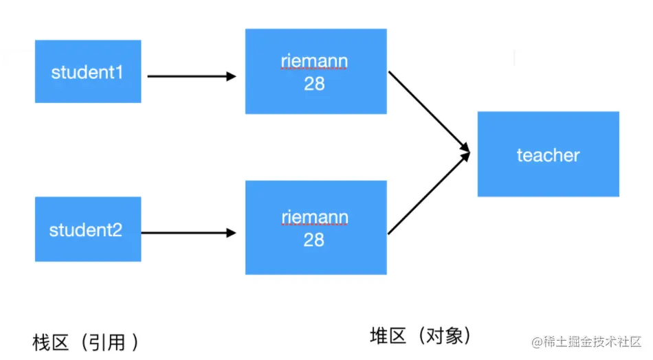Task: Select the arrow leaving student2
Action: (x=188, y=233)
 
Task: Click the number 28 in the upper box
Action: (x=314, y=84)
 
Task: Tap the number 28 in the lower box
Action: (x=314, y=240)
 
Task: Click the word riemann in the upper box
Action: (x=314, y=62)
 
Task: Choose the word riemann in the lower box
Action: (x=314, y=218)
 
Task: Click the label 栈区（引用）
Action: (x=86, y=341)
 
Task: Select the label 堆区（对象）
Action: (x=421, y=335)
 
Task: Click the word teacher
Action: (x=548, y=155)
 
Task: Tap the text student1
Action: (x=87, y=72)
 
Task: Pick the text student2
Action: (x=86, y=229)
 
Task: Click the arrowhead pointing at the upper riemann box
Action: (x=231, y=76)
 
